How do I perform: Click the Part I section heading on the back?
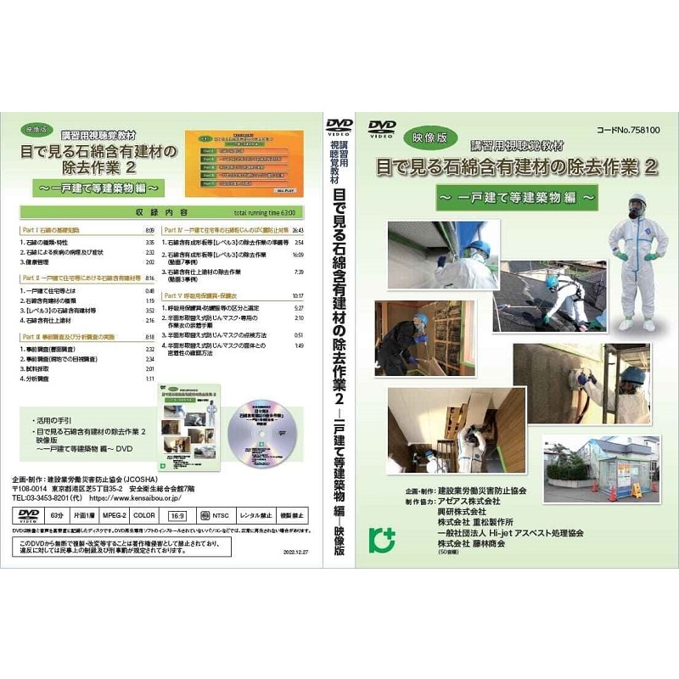pyautogui.click(x=50, y=230)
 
